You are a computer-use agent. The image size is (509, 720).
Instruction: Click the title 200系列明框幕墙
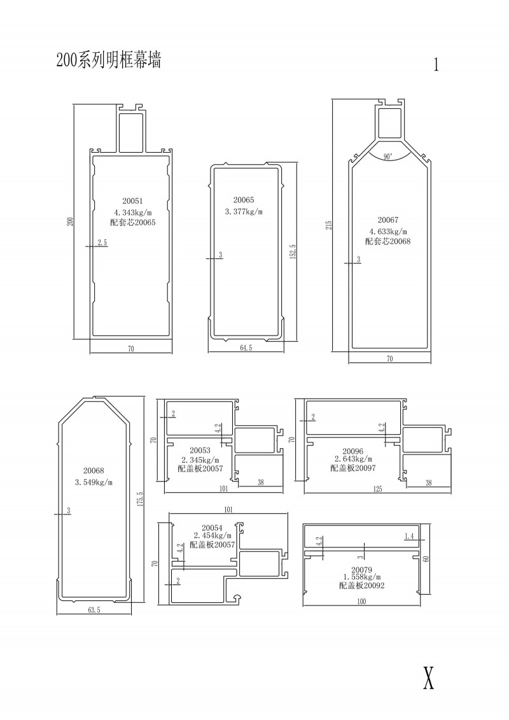point(108,60)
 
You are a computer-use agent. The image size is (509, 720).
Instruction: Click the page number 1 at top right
point(436,65)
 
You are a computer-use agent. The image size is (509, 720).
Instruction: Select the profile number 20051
point(132,201)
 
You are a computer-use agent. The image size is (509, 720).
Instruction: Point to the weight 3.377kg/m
point(244,212)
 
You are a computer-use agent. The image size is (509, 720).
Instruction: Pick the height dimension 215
point(329,225)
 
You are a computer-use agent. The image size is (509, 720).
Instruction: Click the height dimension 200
point(70,222)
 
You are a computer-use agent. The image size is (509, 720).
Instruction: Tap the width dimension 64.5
point(246,348)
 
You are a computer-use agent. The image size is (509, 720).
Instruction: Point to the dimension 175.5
point(141,499)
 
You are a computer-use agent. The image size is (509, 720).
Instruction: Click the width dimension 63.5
point(94,611)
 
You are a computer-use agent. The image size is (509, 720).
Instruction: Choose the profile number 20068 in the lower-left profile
point(94,470)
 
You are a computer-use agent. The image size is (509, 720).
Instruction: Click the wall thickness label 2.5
point(102,243)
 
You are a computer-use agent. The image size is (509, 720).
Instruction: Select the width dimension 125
point(377,489)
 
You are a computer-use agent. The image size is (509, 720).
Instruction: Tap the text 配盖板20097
point(353,467)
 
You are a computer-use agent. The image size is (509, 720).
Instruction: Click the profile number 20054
point(212,528)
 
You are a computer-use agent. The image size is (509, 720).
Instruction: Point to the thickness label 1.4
point(409,536)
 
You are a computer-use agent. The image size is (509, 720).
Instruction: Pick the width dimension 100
point(361,602)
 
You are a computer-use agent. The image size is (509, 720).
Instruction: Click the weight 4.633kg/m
point(388,232)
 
